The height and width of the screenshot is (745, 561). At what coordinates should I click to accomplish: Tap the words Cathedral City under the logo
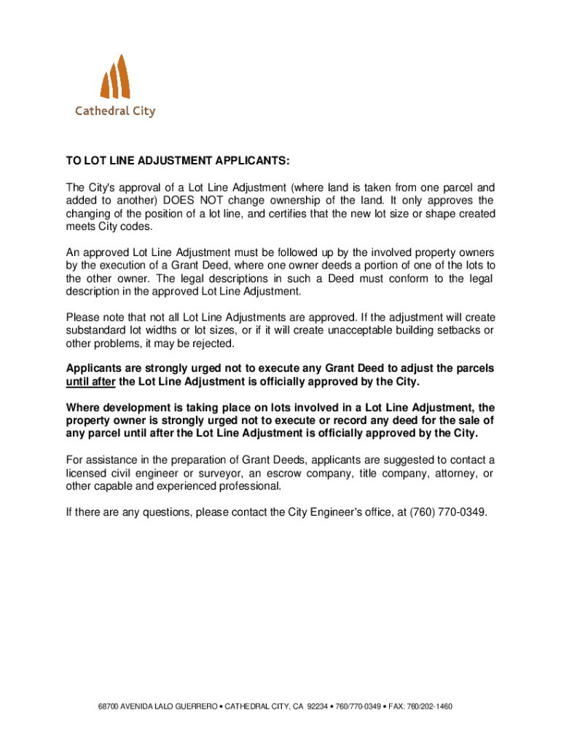(115, 111)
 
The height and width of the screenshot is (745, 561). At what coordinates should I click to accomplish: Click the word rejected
(213, 343)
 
